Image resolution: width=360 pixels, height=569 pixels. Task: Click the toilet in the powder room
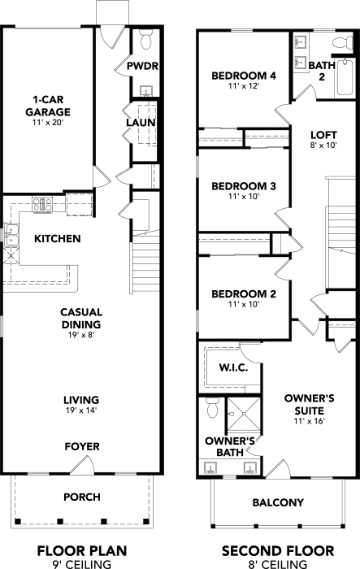click(146, 40)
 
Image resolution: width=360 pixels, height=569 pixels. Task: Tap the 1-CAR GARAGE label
click(48, 106)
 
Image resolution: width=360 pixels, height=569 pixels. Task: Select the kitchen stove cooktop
click(42, 204)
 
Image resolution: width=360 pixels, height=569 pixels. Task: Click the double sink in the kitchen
click(11, 236)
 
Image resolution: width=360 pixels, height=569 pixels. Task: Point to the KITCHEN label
click(58, 238)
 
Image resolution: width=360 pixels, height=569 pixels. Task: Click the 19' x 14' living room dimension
click(81, 410)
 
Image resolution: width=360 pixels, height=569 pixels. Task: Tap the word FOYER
click(82, 446)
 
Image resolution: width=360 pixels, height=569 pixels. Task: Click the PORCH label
click(82, 497)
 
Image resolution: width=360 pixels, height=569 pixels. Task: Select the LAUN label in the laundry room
click(141, 123)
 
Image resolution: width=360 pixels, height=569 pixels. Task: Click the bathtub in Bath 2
click(345, 77)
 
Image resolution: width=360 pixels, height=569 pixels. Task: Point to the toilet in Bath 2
click(343, 41)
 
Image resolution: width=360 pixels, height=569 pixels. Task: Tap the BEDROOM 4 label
click(244, 76)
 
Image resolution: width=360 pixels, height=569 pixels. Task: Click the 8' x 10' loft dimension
click(323, 146)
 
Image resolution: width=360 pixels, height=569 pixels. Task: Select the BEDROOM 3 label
click(244, 186)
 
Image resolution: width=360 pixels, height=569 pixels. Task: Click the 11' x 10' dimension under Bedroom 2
click(244, 304)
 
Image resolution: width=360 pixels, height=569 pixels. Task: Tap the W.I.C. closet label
click(233, 367)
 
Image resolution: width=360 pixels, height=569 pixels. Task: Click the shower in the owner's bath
click(244, 414)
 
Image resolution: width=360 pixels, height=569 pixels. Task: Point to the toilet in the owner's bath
click(212, 407)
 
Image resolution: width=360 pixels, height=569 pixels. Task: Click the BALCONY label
click(278, 502)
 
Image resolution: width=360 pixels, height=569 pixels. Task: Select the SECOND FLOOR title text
click(278, 551)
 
